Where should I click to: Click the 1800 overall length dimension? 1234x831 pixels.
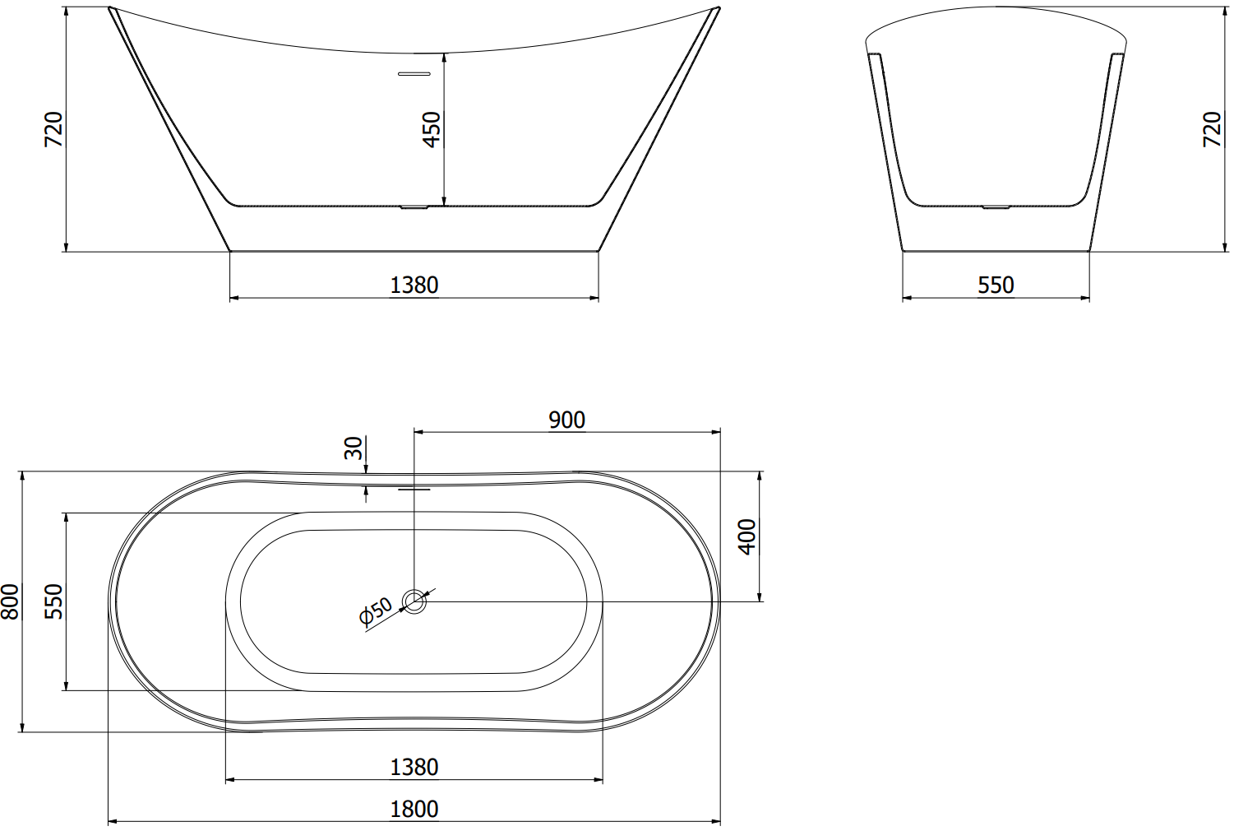[414, 809]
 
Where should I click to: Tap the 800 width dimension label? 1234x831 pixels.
[11, 601]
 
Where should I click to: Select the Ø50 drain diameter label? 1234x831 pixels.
[376, 611]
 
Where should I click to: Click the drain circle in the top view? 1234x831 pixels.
[414, 601]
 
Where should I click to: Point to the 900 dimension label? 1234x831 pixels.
[567, 420]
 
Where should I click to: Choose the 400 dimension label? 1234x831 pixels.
[747, 536]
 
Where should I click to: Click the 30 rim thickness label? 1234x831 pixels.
[354, 448]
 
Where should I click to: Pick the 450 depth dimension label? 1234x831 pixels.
[432, 129]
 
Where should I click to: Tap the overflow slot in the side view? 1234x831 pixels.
[414, 73]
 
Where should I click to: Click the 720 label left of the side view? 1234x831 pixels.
[54, 129]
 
